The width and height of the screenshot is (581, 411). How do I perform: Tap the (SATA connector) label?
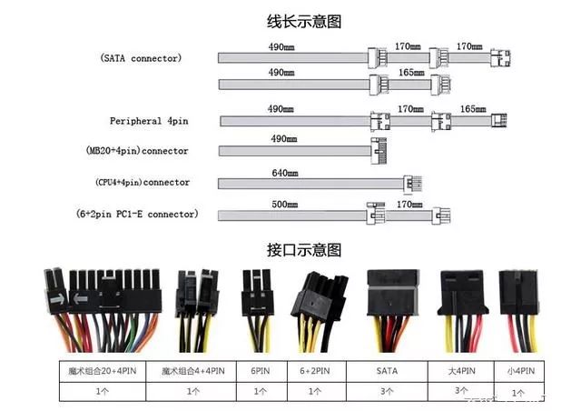coord(141,58)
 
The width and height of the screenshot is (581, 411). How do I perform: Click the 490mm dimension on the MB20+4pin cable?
coord(284,139)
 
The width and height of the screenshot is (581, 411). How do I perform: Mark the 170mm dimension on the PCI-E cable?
coord(409,205)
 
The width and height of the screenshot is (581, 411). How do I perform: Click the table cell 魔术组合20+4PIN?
coord(102,371)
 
